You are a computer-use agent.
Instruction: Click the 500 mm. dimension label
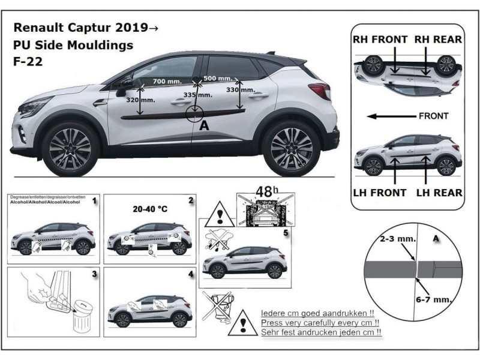tap(218, 79)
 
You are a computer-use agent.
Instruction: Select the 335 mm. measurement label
tap(197, 95)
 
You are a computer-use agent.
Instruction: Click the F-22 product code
tap(27, 60)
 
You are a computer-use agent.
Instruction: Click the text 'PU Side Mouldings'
tap(73, 44)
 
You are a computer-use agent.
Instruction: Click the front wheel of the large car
tap(70, 146)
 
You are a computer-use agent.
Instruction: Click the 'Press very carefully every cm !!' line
tap(322, 322)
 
